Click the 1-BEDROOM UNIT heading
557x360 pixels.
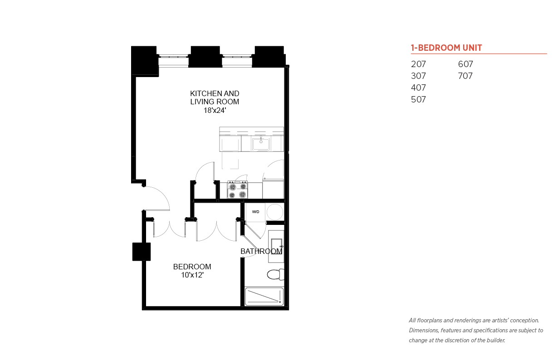pos(446,48)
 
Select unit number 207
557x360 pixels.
pos(419,64)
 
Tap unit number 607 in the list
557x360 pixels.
pos(465,64)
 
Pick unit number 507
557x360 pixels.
pos(419,99)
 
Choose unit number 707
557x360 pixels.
pos(465,76)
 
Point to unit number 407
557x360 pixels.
pos(419,88)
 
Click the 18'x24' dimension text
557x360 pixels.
pos(215,110)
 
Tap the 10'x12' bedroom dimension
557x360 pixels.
pos(192,275)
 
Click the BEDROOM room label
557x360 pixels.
pos(192,267)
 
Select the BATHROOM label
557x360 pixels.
pos(261,251)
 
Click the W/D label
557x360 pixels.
pos(256,212)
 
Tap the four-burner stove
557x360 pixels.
pos(238,190)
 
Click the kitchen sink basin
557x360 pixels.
pos(261,144)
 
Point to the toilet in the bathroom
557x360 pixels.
pos(275,274)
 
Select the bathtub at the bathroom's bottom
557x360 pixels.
pos(264,297)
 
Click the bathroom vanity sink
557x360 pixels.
pos(276,246)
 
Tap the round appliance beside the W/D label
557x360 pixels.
pos(275,212)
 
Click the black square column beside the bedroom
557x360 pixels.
pos(141,252)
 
